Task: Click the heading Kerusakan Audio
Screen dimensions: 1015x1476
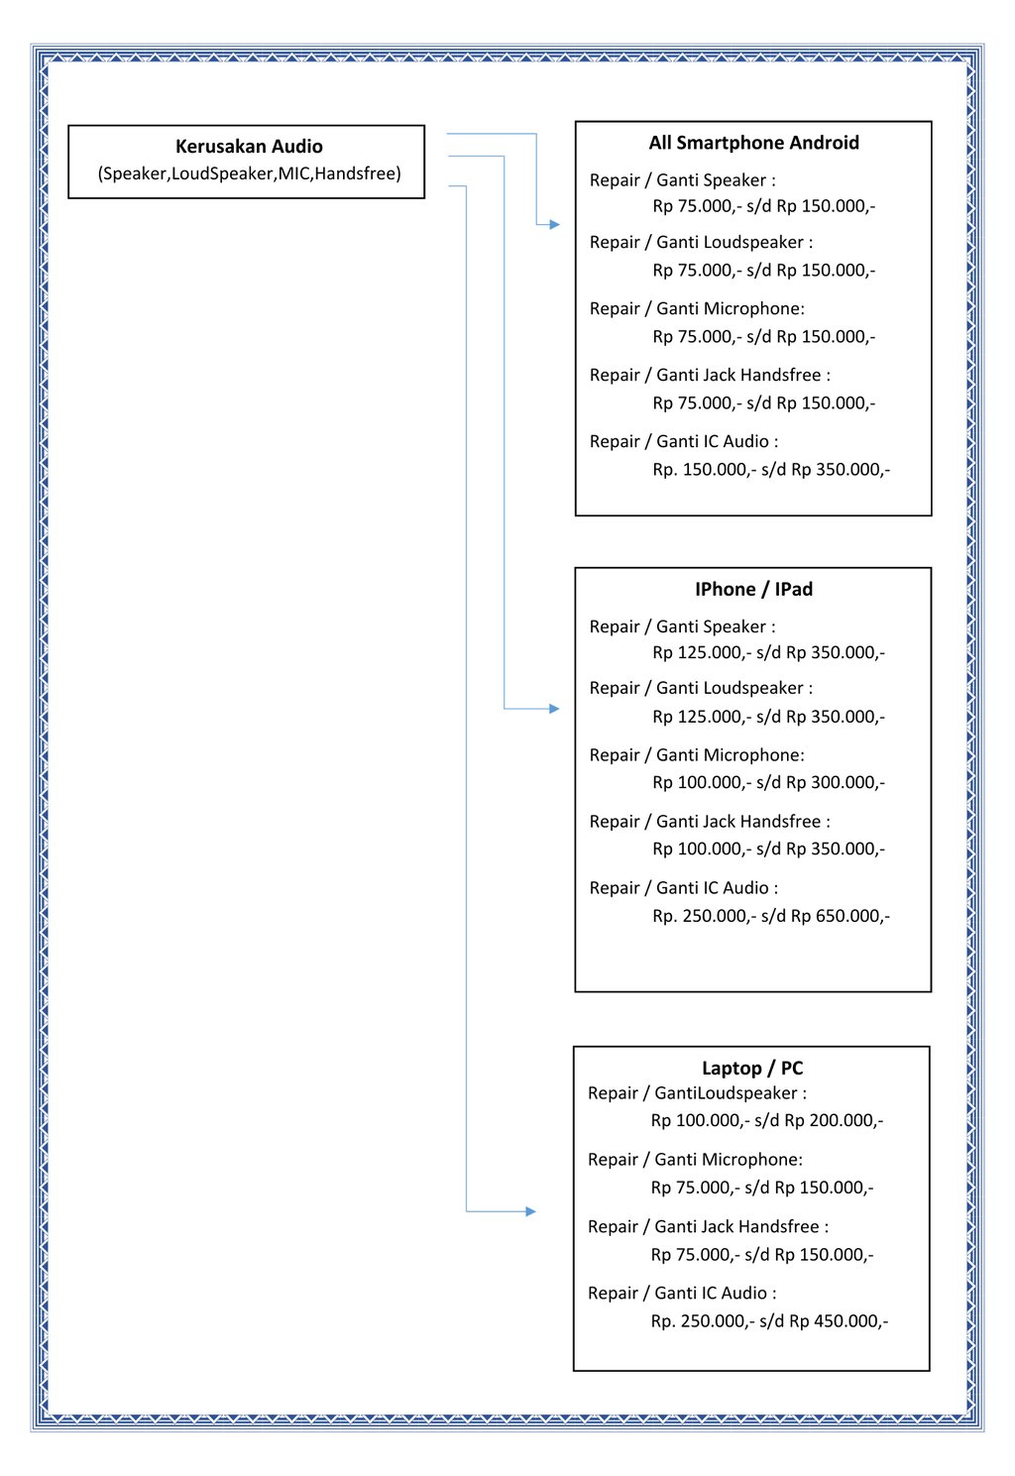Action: point(249,147)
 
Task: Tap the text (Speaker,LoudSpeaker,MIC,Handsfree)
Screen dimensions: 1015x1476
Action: point(249,173)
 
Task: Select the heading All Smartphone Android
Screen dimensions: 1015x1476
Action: point(753,143)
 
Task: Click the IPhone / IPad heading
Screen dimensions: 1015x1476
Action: point(753,589)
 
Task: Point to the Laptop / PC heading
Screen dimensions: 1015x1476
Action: point(752,1068)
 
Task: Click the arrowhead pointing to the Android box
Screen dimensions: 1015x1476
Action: point(554,225)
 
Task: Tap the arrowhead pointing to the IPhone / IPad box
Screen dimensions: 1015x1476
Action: point(554,709)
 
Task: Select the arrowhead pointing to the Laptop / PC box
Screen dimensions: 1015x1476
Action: point(530,1211)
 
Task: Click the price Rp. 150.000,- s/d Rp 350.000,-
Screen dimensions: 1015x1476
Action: point(771,469)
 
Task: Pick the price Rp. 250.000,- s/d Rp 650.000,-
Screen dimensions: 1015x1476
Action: point(771,916)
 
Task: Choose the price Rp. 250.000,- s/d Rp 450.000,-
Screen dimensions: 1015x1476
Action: point(769,1321)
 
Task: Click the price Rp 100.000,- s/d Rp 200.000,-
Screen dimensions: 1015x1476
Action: point(766,1120)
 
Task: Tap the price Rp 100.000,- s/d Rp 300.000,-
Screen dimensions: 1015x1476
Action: point(768,782)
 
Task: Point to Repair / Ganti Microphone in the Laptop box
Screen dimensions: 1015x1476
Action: point(695,1160)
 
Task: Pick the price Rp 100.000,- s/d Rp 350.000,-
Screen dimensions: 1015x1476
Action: point(768,849)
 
